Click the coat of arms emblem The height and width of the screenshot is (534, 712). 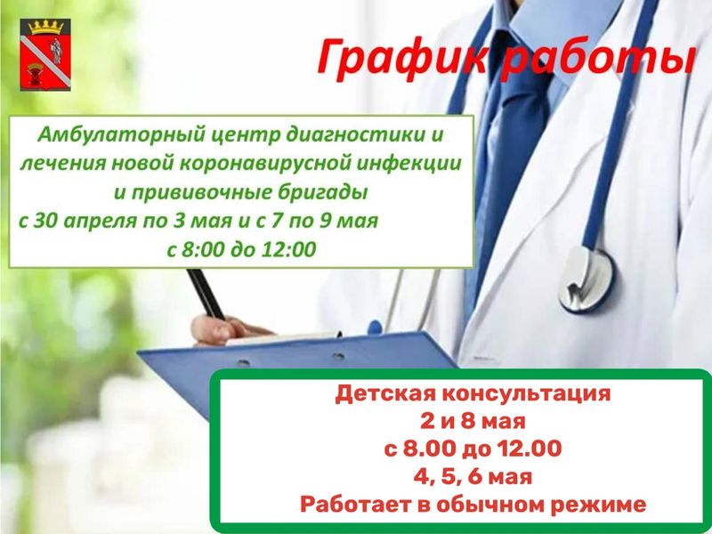click(x=45, y=54)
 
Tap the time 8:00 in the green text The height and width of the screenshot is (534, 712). click(x=203, y=250)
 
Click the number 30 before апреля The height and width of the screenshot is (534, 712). click(x=45, y=221)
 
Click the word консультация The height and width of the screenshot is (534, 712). click(x=527, y=394)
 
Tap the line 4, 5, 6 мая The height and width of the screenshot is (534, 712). click(x=473, y=477)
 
